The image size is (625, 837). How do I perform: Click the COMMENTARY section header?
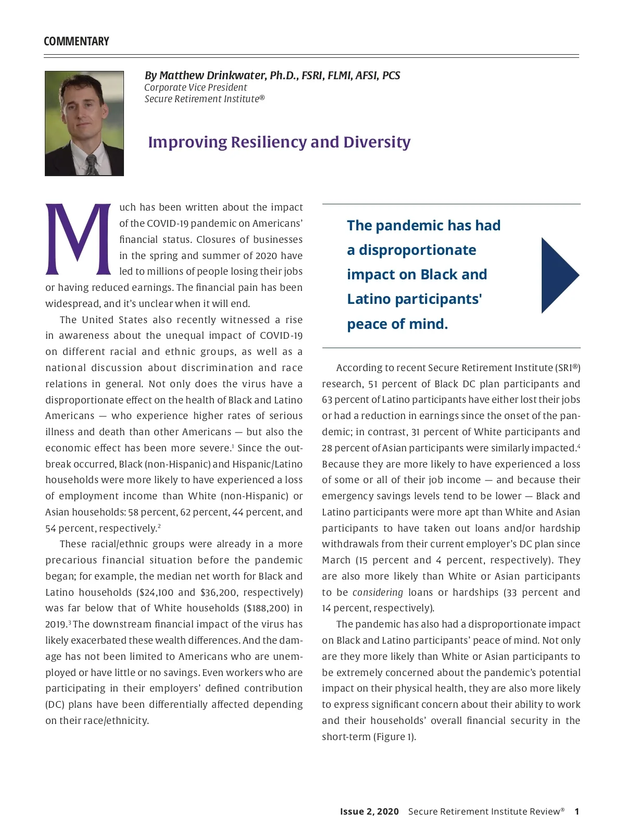[77, 42]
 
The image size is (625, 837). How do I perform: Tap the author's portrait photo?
[84, 123]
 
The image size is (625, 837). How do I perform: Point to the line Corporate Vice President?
[195, 88]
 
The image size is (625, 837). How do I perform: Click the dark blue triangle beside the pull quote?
[558, 275]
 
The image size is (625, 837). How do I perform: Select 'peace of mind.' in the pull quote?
[397, 324]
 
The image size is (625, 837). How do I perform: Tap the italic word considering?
[378, 593]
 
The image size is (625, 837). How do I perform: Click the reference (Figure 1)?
[394, 737]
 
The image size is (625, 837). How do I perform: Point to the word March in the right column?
[336, 560]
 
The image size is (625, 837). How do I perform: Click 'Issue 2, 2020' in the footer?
[369, 811]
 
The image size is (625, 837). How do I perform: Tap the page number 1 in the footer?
[577, 811]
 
